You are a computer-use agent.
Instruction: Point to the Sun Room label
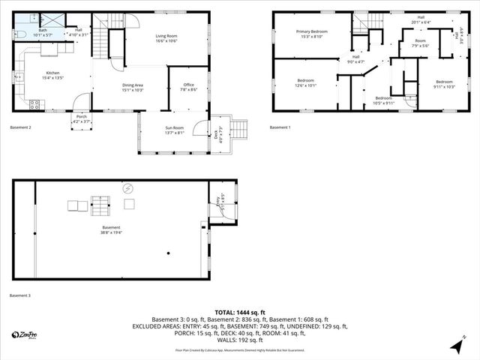(x=175, y=130)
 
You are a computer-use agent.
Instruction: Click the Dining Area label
(x=132, y=87)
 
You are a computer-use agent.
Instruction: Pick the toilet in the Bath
(x=19, y=34)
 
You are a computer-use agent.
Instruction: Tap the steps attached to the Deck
(x=238, y=129)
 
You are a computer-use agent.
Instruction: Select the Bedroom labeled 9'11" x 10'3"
(x=444, y=84)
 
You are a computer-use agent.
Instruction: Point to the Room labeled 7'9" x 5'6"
(x=420, y=43)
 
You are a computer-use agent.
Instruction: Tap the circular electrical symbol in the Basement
(x=127, y=188)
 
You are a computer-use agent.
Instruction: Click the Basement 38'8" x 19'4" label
(x=111, y=229)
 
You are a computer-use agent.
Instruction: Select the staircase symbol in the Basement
(x=100, y=204)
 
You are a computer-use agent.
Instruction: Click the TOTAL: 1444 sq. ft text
(x=240, y=312)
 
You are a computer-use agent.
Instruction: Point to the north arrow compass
(x=457, y=346)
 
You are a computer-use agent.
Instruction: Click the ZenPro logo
(x=27, y=334)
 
